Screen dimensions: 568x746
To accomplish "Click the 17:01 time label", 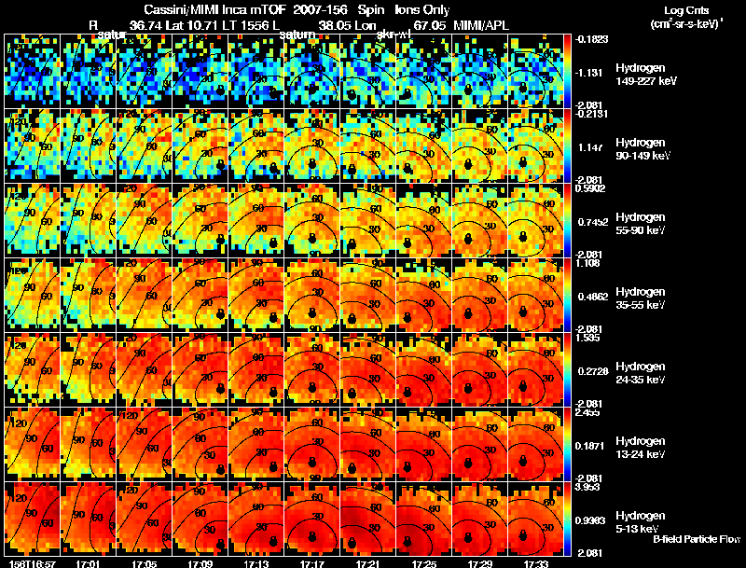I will (x=90, y=563).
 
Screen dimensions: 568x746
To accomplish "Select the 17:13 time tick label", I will (x=256, y=563).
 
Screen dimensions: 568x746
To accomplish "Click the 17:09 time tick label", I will (x=200, y=563).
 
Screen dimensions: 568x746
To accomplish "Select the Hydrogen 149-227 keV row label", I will (x=646, y=75).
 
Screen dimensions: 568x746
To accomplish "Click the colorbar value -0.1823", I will (x=593, y=39).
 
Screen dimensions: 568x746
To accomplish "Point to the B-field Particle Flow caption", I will (x=697, y=539).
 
